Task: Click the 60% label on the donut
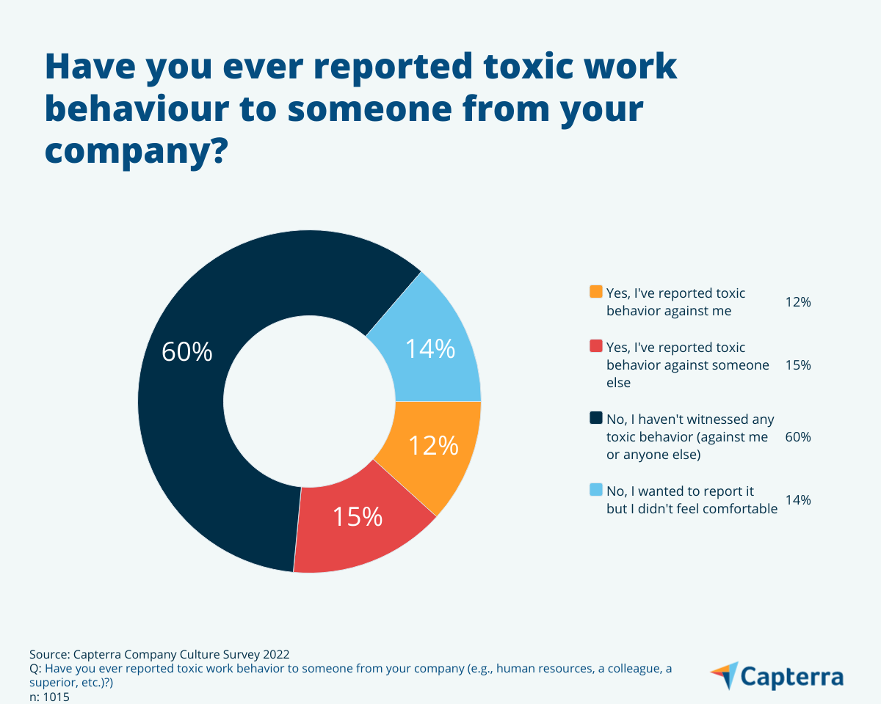187,353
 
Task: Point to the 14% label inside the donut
430,349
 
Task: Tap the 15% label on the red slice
358,516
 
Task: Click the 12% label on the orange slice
433,445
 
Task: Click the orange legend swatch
596,292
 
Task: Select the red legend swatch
596,346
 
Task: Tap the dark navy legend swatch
596,419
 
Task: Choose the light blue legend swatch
596,490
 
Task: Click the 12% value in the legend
797,301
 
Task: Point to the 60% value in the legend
797,437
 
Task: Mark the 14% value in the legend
797,500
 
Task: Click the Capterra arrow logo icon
725,675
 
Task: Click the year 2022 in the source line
275,654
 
